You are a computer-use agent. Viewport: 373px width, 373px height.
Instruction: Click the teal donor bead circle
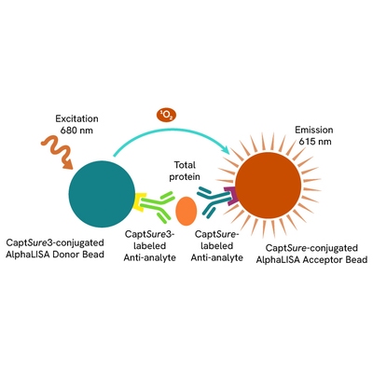[102, 194]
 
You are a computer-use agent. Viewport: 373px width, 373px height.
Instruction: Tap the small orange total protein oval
[186, 211]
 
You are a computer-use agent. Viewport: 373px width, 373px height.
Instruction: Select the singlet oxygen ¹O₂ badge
[166, 116]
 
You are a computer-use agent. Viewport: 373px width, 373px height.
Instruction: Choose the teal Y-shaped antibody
[214, 201]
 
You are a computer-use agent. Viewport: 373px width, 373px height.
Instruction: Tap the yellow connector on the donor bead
[139, 202]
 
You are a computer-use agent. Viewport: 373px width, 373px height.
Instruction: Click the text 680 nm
[76, 131]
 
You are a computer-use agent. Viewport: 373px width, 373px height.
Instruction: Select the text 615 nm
[315, 142]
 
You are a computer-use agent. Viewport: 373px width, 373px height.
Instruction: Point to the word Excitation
[76, 118]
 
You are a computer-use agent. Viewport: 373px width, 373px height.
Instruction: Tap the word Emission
[314, 130]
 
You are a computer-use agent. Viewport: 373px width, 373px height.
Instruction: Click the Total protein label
[185, 171]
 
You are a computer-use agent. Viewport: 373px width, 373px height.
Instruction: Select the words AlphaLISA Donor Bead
[55, 255]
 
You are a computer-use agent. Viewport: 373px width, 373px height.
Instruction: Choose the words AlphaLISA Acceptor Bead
[311, 259]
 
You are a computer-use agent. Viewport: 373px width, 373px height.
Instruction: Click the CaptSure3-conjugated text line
[55, 242]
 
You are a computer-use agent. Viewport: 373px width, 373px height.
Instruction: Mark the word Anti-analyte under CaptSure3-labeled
[150, 257]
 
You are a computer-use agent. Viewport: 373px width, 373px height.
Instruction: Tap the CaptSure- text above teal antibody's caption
[216, 234]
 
